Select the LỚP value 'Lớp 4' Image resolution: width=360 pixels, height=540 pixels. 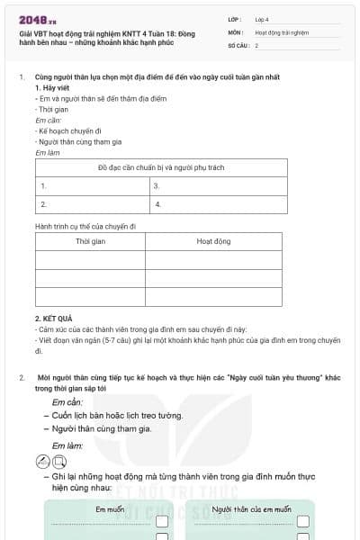coord(262,19)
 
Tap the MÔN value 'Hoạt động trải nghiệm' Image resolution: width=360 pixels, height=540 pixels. coord(281,32)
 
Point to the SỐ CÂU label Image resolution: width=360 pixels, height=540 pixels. coord(237,45)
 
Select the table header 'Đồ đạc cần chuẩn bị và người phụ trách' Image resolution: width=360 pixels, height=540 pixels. coord(161,168)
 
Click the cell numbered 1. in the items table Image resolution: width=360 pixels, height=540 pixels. coord(90,186)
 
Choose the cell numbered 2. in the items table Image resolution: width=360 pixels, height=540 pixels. coord(90,205)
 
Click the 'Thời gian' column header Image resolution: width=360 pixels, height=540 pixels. coord(90,242)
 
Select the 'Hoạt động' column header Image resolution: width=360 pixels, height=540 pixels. coord(214,242)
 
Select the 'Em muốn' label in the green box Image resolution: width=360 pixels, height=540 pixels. coord(110,510)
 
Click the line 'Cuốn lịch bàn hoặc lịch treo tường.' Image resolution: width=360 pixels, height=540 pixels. coord(117,415)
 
